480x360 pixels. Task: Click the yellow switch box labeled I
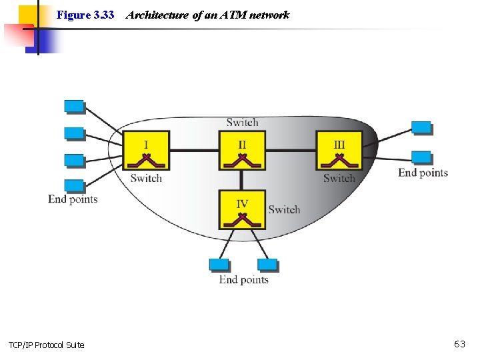pos(146,151)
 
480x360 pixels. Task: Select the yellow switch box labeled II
pos(242,151)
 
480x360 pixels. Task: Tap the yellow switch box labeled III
pos(339,151)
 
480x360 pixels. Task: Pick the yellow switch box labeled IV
pos(242,209)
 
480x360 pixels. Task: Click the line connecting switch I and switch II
pos(194,150)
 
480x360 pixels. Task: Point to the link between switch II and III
pos(291,150)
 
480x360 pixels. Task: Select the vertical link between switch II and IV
pos(242,180)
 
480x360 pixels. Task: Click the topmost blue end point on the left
pos(74,107)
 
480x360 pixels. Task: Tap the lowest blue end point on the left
pos(74,186)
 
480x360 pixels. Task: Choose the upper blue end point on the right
pos(421,127)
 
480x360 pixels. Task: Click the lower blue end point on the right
pos(421,157)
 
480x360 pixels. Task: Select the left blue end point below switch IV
pos(219,265)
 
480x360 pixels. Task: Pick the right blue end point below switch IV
pos(267,265)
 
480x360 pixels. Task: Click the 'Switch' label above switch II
pos(242,122)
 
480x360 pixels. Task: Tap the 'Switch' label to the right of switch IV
pos(284,209)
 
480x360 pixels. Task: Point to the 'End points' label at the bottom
pos(243,279)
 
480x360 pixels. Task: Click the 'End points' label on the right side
pos(423,173)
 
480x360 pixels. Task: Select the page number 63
pos(459,344)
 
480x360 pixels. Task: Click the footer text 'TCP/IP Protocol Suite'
pos(47,345)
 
